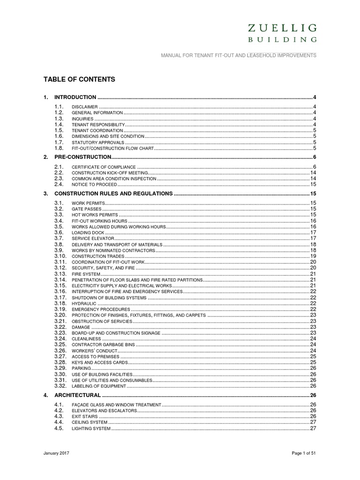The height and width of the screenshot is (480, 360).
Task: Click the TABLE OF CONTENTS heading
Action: (79, 80)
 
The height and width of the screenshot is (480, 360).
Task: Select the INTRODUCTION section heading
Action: (75, 97)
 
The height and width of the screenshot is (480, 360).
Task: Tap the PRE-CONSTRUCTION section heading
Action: (83, 157)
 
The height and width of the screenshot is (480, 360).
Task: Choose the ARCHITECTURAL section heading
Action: (78, 396)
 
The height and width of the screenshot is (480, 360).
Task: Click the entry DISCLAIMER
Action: (84, 107)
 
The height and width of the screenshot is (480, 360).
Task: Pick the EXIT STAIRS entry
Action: (84, 416)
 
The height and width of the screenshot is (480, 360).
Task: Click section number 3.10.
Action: (60, 256)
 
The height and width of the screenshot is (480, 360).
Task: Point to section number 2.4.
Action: (59, 185)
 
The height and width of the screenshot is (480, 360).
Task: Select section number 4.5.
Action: (59, 428)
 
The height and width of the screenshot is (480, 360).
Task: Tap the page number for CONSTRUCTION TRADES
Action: (313, 256)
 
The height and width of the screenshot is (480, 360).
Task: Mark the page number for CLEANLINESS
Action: (313, 338)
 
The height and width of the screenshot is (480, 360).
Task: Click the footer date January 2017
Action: (56, 454)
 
